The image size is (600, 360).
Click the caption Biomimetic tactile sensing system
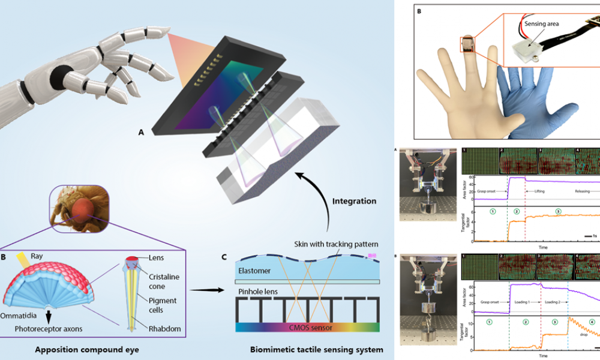point(307,349)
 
